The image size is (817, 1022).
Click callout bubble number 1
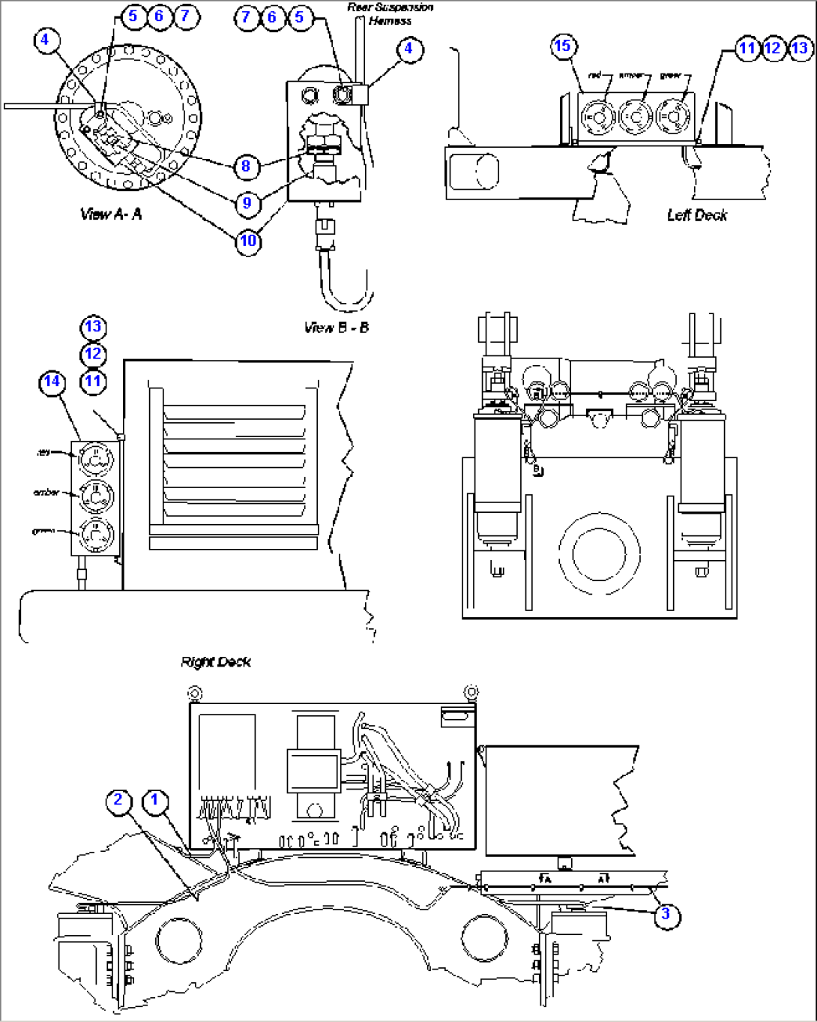[155, 800]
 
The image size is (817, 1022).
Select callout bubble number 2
[118, 800]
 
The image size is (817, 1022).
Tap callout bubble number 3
[666, 914]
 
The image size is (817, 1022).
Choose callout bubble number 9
[247, 203]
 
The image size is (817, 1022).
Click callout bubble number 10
[248, 241]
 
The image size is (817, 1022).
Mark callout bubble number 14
[52, 382]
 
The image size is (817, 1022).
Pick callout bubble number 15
[562, 46]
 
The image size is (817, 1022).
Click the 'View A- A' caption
[111, 214]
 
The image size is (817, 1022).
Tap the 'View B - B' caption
[337, 328]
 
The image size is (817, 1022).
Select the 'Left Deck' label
[697, 215]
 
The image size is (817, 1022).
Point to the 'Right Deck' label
[216, 662]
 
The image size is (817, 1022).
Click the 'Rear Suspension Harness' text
[390, 14]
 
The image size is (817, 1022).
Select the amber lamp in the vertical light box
[95, 494]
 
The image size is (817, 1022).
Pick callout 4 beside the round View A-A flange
[46, 39]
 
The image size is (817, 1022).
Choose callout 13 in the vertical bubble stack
[92, 327]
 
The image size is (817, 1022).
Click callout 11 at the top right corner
[747, 49]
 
